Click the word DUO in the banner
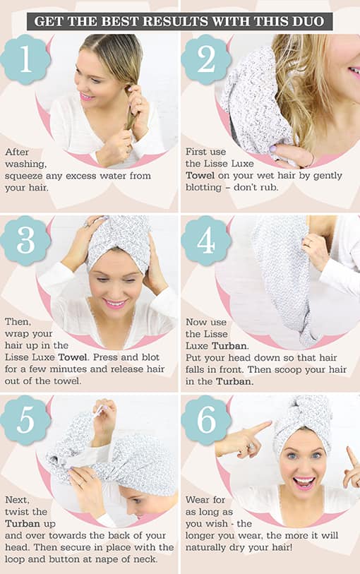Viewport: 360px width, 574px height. tap(308, 21)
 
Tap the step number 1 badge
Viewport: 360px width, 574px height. tap(25, 59)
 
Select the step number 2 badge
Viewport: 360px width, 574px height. tap(206, 59)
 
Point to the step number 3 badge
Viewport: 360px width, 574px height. tap(25, 241)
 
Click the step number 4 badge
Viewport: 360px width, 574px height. tap(206, 241)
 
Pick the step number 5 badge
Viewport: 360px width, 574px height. tap(25, 420)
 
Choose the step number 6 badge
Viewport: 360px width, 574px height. tap(206, 420)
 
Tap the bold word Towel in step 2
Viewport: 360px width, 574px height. tap(200, 175)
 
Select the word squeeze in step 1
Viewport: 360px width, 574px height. tap(23, 177)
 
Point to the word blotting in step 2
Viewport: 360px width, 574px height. tap(203, 188)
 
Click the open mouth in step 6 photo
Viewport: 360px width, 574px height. tap(304, 482)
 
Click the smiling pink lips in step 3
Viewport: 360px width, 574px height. tap(114, 304)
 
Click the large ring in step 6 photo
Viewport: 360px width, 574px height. tap(250, 447)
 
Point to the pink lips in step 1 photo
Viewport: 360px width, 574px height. tap(86, 97)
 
